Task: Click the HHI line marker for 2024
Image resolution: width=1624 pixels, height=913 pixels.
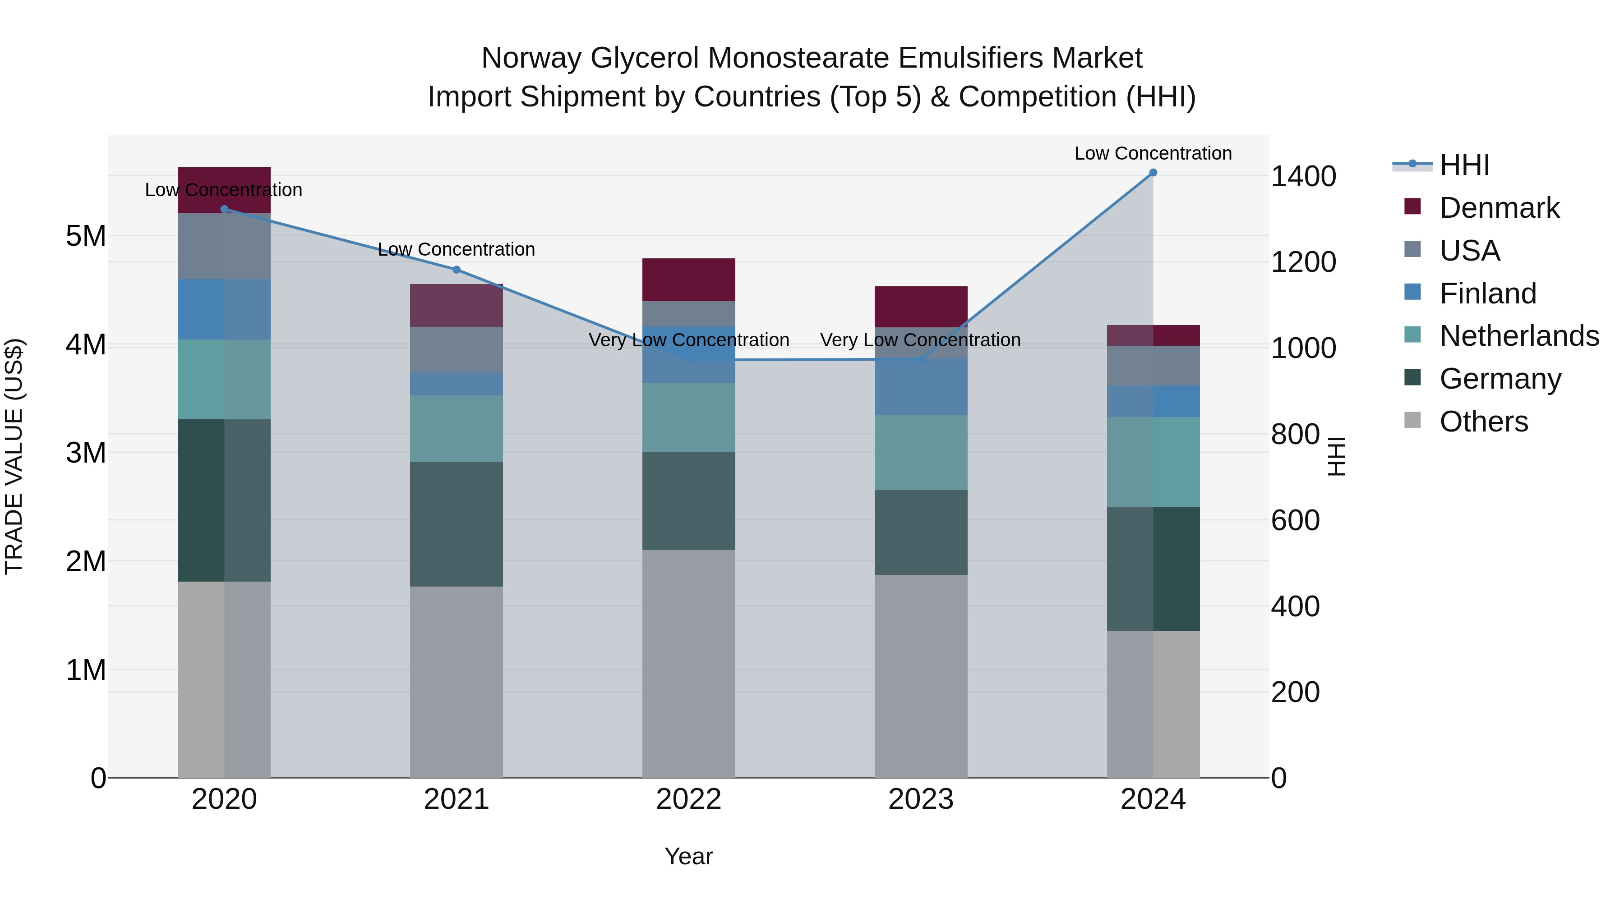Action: coord(1153,173)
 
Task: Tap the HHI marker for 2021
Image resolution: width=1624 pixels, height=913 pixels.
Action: coord(457,270)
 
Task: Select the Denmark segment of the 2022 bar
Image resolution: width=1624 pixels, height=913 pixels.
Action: coord(688,280)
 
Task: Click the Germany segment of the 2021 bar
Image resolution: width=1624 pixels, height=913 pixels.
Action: coord(457,524)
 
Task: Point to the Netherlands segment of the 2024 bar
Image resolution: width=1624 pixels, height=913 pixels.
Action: coord(1153,462)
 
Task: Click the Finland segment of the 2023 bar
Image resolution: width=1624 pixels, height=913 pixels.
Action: coord(920,387)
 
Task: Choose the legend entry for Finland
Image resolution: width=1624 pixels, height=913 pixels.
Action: coord(1488,294)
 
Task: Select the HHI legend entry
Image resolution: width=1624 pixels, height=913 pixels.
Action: coord(1464,165)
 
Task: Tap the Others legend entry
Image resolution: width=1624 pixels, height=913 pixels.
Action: coord(1483,422)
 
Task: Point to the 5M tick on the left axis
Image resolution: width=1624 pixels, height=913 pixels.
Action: coord(86,236)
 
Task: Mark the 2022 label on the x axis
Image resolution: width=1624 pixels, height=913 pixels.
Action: coord(688,799)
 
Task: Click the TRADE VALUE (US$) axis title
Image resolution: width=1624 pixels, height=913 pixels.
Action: coord(14,456)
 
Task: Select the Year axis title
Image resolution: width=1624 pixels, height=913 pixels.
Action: coord(688,856)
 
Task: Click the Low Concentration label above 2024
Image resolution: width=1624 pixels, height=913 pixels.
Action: coord(1153,153)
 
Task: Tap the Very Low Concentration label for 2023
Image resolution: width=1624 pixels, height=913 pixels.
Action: coord(920,340)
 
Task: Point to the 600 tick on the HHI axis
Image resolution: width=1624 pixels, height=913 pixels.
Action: coord(1295,520)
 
